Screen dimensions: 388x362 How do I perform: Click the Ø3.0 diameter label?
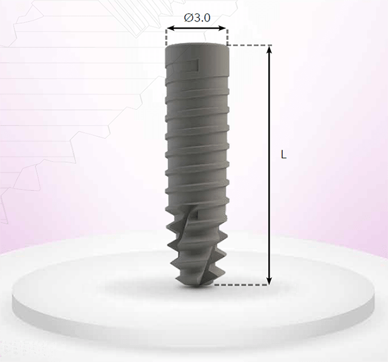coord(197,17)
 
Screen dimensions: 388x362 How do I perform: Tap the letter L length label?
coord(283,154)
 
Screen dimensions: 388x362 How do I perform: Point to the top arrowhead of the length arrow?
coord(270,49)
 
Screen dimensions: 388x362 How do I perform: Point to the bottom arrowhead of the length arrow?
coord(270,281)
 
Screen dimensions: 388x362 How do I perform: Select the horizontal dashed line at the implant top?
coord(250,45)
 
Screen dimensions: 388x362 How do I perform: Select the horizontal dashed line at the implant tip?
coord(241,285)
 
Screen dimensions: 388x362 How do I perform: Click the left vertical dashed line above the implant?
coord(167,37)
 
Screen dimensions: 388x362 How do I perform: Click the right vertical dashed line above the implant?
coord(227,37)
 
